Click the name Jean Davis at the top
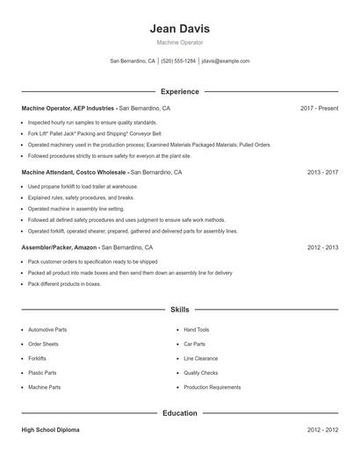tap(179, 29)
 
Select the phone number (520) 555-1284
tap(178, 61)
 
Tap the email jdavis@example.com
tap(226, 61)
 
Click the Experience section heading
tap(179, 91)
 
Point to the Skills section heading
tap(179, 310)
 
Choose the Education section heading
tap(179, 412)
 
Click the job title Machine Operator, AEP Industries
tap(68, 108)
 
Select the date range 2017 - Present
tap(319, 108)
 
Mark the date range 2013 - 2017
tap(322, 173)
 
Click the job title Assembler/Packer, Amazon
tap(59, 247)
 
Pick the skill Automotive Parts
tap(47, 330)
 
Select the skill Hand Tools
tap(196, 330)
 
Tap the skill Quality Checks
tap(200, 373)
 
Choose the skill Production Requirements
tap(212, 387)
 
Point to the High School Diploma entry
tap(50, 431)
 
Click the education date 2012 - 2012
tap(322, 431)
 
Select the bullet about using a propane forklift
tap(83, 186)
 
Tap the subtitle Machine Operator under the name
tap(179, 42)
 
